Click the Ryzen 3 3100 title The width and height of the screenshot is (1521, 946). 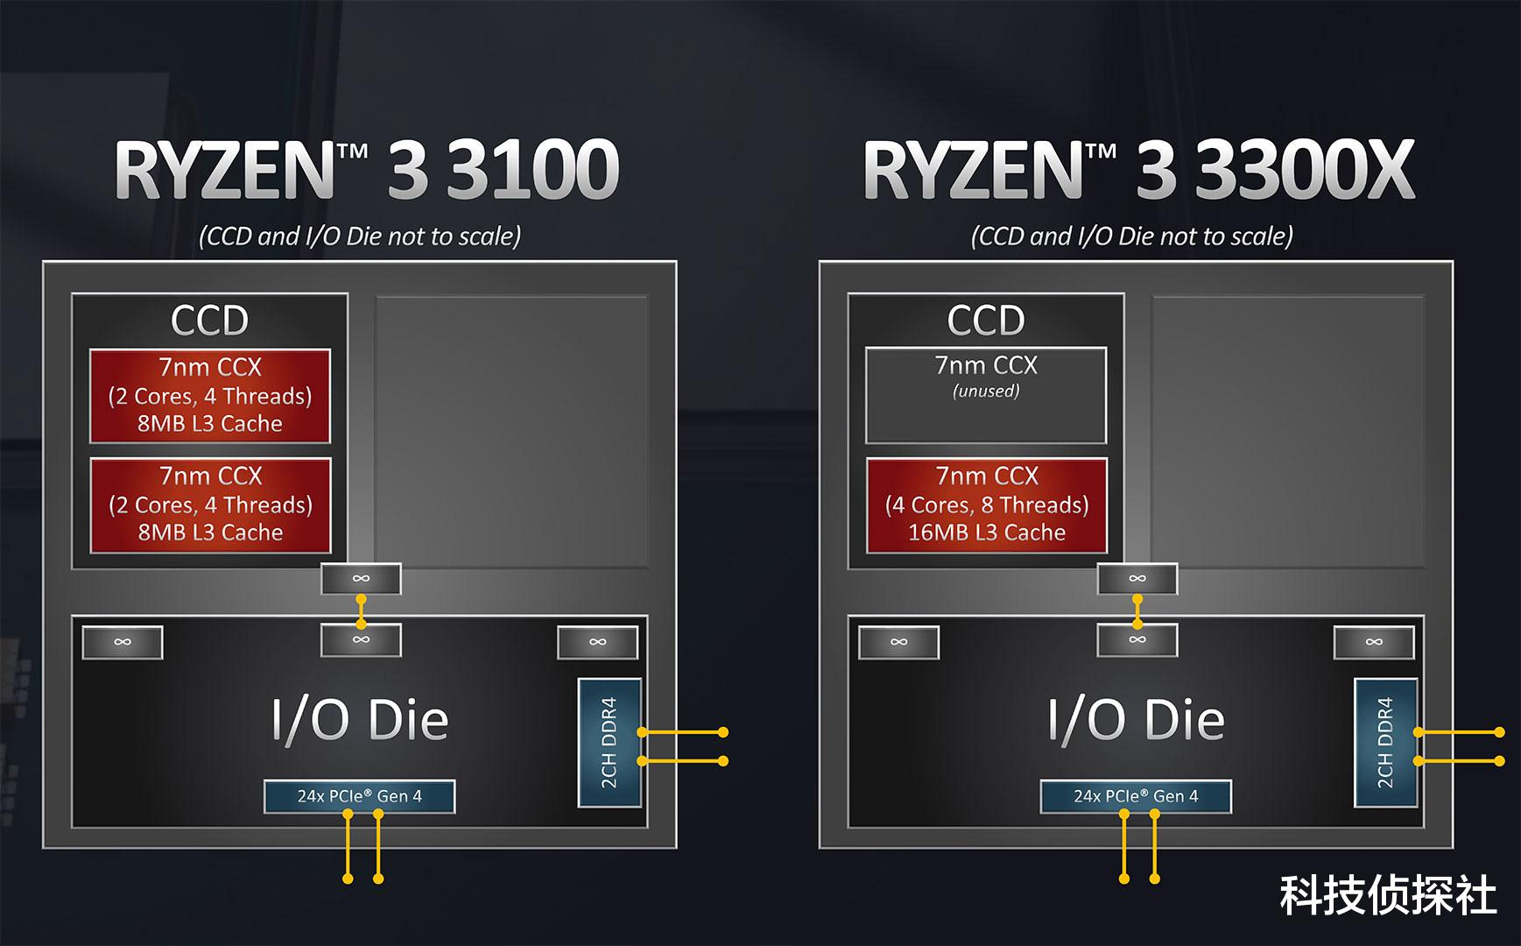coord(367,169)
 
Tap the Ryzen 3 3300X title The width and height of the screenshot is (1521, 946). coord(1138,169)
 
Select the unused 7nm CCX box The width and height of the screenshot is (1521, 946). coord(986,396)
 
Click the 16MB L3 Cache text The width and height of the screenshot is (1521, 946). coord(987,533)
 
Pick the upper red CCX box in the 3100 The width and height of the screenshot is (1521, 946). coord(210,396)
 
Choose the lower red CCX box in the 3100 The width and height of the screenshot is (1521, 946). coord(210,505)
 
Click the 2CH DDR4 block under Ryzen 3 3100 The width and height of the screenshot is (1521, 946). coord(609,743)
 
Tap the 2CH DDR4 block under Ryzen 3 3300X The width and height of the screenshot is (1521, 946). coord(1386,743)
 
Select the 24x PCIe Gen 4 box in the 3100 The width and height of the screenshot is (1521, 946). coord(359,796)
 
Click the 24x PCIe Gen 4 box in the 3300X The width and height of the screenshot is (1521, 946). coord(1136,796)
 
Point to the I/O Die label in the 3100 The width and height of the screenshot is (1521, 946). coord(360,720)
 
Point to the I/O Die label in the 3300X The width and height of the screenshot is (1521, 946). coord(1137,720)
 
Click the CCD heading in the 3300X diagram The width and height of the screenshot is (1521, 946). coord(986,321)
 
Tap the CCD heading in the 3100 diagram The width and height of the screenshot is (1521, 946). coord(210,321)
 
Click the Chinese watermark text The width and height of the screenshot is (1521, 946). coord(1389,895)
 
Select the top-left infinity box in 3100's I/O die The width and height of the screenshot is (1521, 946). coord(123,642)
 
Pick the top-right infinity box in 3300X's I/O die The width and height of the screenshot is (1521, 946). coord(1374,642)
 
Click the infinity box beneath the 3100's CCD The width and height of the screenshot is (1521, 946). coord(361,579)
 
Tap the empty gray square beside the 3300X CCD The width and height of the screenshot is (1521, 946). coord(1287,432)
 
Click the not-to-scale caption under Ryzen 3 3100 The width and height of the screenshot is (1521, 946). coord(360,236)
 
